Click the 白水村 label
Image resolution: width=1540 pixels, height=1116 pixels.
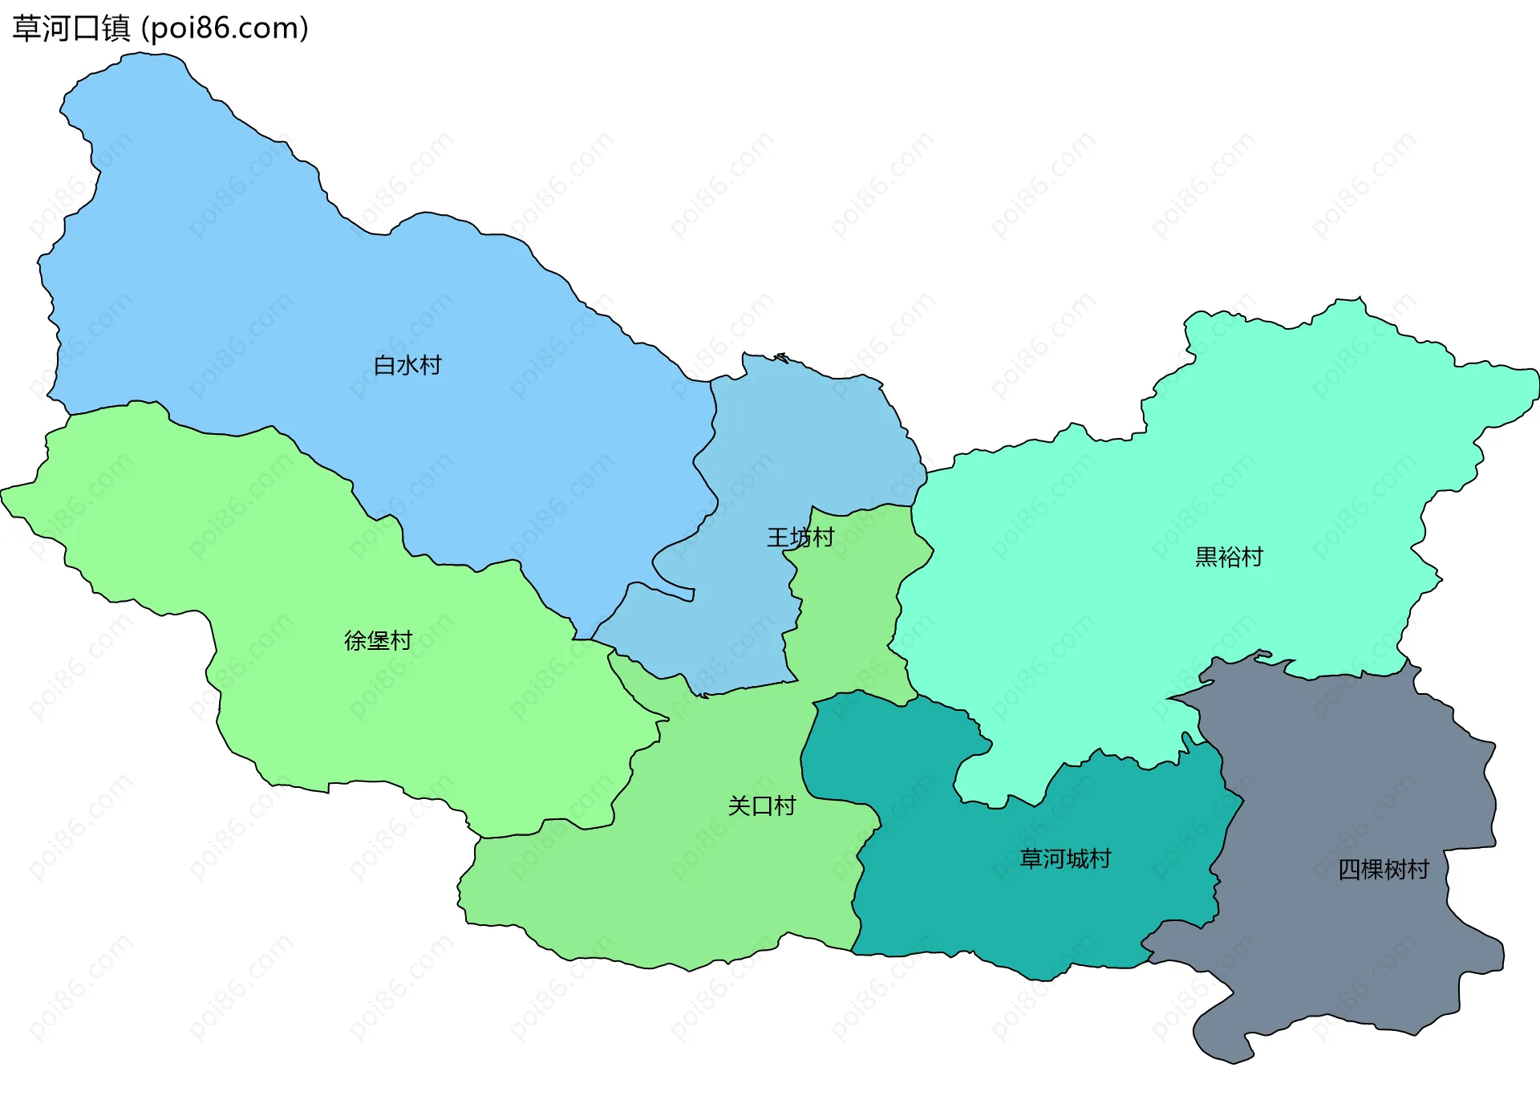[407, 366]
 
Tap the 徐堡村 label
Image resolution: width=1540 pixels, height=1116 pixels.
[378, 641]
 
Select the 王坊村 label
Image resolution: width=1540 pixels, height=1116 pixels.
[800, 538]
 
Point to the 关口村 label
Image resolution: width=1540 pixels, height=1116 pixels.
[761, 806]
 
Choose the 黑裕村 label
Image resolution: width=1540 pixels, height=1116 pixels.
[1229, 557]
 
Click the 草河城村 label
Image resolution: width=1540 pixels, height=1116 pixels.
[1065, 859]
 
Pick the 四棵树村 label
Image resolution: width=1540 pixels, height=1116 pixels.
[1384, 870]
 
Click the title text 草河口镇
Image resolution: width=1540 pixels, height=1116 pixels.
[71, 29]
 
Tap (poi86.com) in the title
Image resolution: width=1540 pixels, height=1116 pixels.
[225, 29]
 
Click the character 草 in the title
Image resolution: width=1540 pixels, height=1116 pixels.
[26, 29]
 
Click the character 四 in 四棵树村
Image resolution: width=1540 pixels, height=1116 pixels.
[1349, 870]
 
